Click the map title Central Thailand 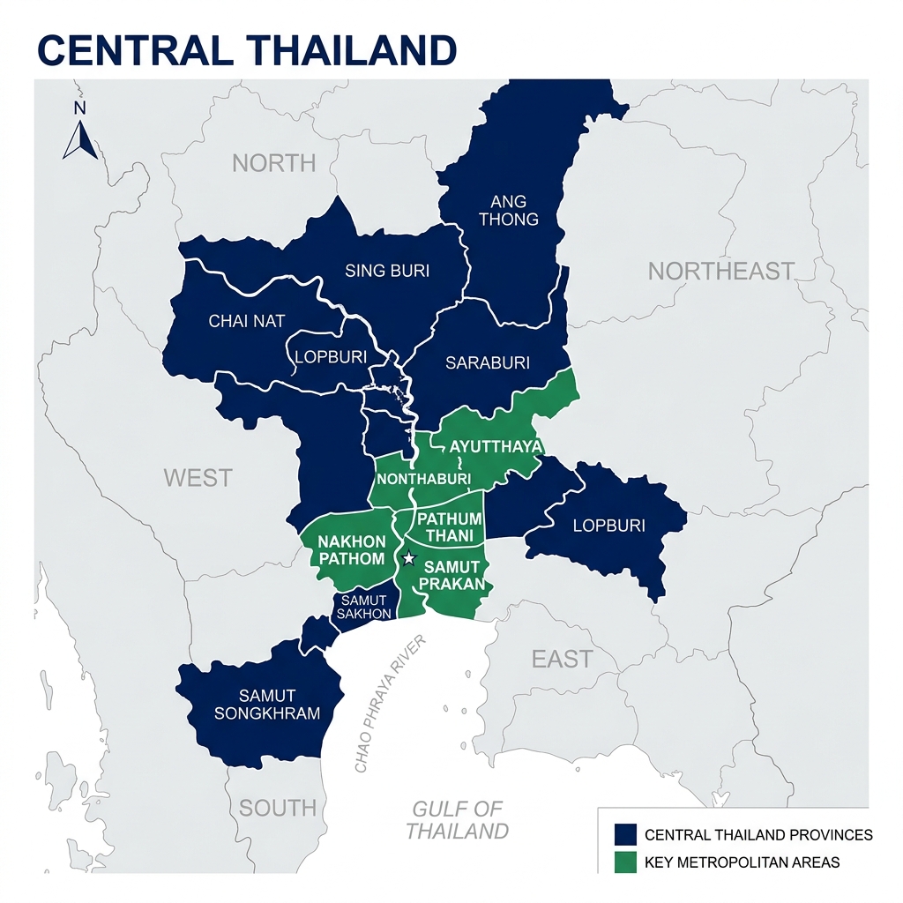pos(248,50)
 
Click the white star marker pos(408,558)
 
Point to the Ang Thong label pos(509,209)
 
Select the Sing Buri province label pos(387,271)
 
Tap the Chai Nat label pos(247,321)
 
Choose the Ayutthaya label pos(496,446)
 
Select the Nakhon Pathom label pos(351,549)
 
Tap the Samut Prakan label pos(452,575)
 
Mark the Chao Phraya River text pos(390,704)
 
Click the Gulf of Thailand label pos(457,819)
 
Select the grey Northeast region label pos(721,271)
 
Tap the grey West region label pos(198,478)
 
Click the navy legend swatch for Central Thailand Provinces pos(625,834)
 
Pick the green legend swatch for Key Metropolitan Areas pos(625,862)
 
